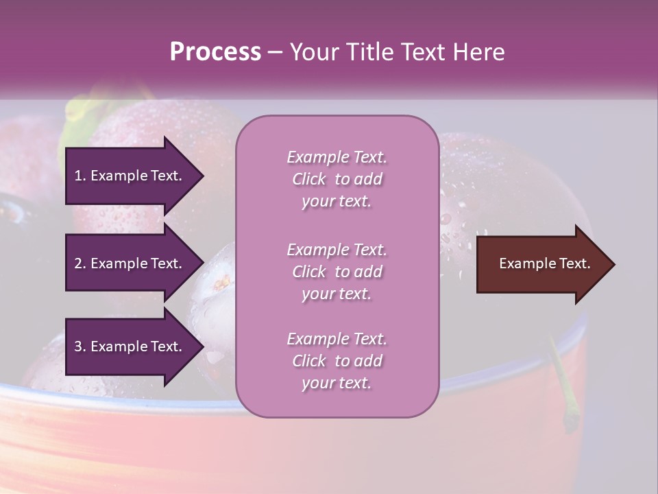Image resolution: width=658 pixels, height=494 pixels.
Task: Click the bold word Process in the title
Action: tap(215, 52)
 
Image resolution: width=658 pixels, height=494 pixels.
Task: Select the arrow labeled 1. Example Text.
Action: tap(130, 176)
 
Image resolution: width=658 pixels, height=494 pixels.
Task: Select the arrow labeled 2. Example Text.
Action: tap(130, 263)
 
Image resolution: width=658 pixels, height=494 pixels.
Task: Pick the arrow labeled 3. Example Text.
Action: tap(130, 346)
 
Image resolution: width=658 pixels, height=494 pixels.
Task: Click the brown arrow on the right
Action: tap(541, 264)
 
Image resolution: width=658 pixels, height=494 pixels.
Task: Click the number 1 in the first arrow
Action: tap(78, 176)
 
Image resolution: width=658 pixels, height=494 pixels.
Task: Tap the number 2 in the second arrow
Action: tap(78, 263)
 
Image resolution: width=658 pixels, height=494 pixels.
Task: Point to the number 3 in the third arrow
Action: tap(78, 346)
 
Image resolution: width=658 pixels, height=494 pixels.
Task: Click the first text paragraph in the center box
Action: tap(337, 179)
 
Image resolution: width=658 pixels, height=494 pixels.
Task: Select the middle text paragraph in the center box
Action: tap(337, 272)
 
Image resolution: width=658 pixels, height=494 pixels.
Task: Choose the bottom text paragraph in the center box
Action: tap(337, 361)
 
